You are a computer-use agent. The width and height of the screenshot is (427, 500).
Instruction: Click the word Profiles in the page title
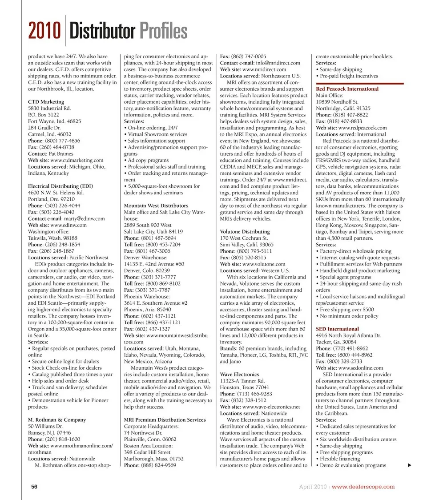(163, 32)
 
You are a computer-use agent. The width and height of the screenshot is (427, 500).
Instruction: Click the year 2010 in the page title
(44, 32)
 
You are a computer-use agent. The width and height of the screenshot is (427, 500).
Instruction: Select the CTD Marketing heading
(46, 102)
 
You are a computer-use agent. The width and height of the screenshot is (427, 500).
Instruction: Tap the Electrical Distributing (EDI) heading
(60, 186)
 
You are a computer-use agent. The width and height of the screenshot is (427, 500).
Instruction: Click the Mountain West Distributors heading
(156, 206)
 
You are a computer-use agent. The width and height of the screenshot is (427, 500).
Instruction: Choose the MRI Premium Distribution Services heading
(165, 419)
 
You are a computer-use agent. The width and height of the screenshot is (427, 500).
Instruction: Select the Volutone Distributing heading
(245, 231)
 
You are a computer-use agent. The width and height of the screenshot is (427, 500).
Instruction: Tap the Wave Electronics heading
(239, 375)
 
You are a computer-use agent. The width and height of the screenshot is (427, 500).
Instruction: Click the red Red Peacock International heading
(347, 89)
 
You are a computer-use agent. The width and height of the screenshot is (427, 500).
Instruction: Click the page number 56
(34, 487)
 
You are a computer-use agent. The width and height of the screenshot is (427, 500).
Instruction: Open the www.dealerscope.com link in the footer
(363, 487)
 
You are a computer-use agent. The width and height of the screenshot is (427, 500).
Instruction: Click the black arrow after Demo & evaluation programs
(409, 465)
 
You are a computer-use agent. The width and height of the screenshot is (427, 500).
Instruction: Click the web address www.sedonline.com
(360, 368)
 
